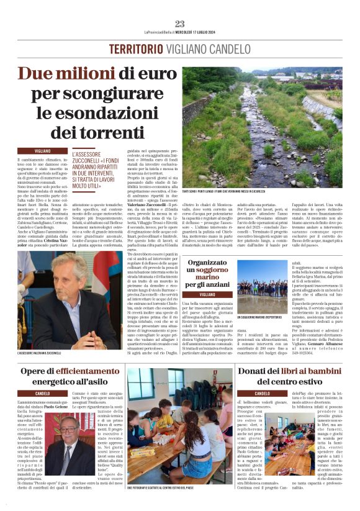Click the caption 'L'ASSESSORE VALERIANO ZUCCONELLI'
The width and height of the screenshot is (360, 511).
[49, 353]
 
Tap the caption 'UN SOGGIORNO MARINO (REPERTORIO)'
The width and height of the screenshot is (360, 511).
[264, 317]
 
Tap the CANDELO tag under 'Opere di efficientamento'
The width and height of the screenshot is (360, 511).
[43, 393]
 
